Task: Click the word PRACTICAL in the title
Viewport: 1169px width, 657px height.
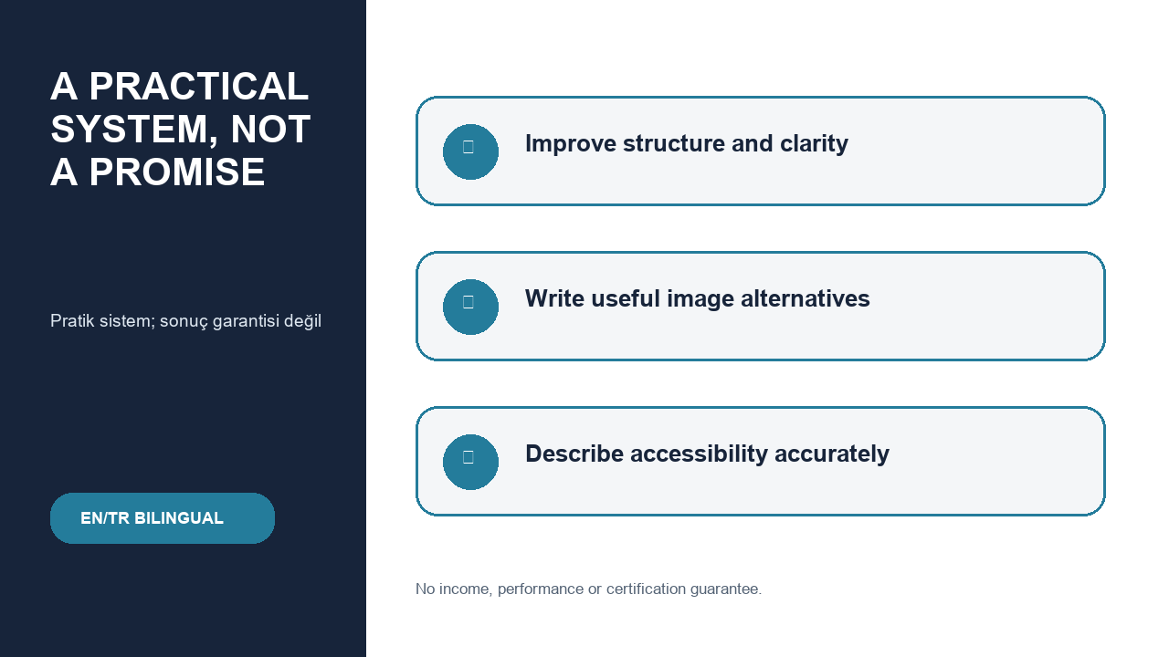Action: pyautogui.click(x=199, y=86)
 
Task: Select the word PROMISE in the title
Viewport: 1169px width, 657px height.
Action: pyautogui.click(x=177, y=172)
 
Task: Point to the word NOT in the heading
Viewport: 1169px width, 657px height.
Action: pyautogui.click(x=270, y=129)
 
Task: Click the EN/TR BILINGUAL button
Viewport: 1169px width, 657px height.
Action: pyautogui.click(x=163, y=518)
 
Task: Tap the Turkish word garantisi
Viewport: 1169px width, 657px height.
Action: pyautogui.click(x=247, y=321)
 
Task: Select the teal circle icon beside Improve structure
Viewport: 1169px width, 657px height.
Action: pyautogui.click(x=470, y=151)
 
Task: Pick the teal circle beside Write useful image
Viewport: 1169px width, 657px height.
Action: pyautogui.click(x=470, y=308)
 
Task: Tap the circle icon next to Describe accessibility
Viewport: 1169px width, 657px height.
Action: pyautogui.click(x=470, y=462)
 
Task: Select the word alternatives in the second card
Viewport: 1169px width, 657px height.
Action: pyautogui.click(x=806, y=298)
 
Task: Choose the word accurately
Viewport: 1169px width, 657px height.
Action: pyautogui.click(x=832, y=454)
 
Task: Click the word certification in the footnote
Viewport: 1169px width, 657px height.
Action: pyautogui.click(x=646, y=589)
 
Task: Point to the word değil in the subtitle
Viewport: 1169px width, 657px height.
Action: pyautogui.click(x=302, y=320)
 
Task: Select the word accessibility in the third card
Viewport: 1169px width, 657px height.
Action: pyautogui.click(x=700, y=454)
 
